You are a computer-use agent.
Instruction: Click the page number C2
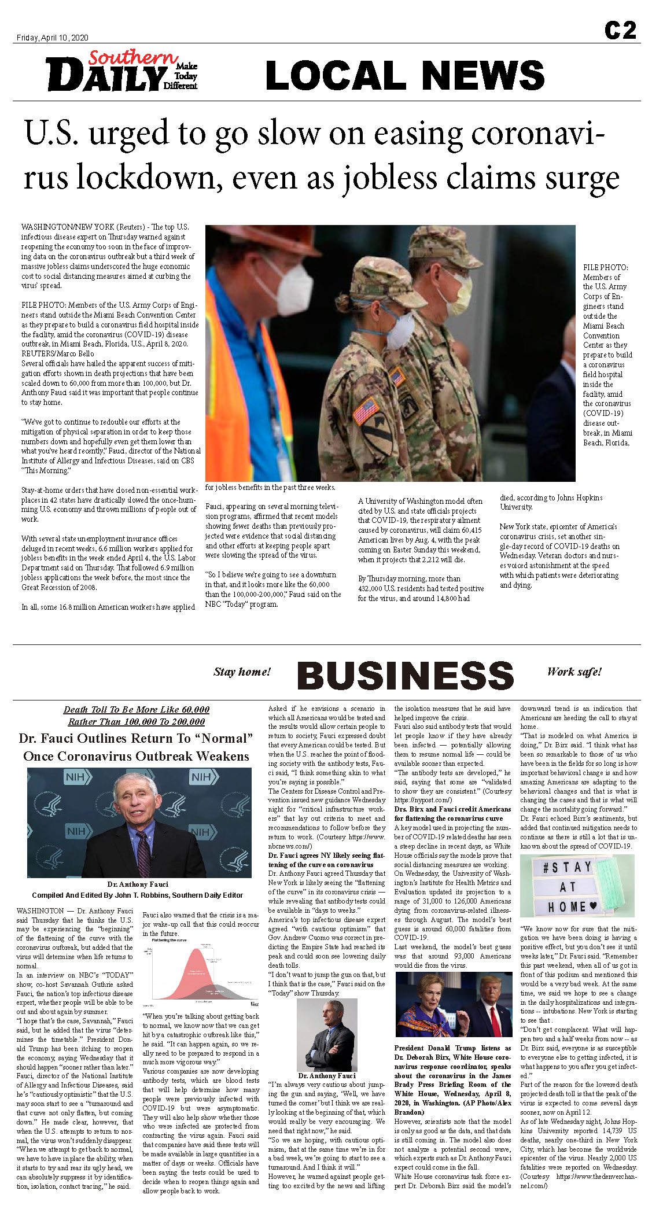620,30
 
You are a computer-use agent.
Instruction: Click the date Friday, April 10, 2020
53,38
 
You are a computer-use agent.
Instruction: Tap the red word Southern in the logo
133,57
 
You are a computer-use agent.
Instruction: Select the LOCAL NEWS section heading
405,75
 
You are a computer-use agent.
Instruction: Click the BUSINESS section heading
405,675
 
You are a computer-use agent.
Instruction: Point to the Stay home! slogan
242,672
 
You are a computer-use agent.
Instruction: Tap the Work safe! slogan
574,672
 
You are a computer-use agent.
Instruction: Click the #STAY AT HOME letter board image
577,886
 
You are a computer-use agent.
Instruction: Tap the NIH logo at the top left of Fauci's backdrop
75,777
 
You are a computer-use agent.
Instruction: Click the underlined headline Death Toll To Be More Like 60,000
137,710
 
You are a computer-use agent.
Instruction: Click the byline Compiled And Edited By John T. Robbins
137,895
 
